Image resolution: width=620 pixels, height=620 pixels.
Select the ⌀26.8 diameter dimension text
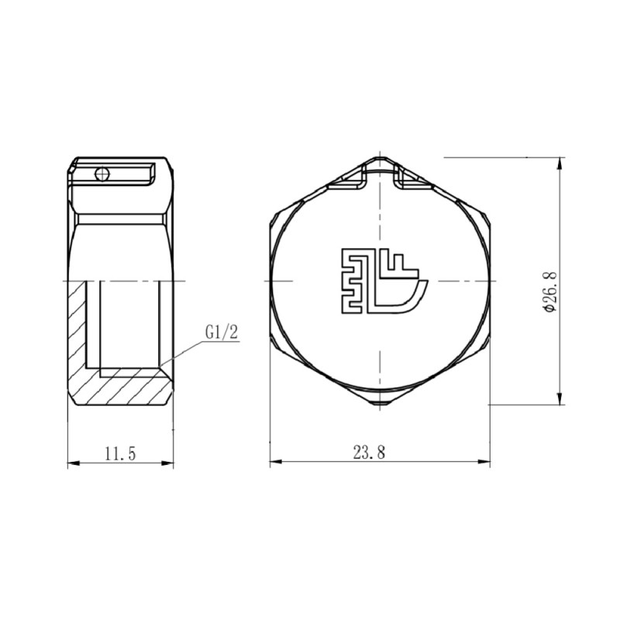tap(549, 291)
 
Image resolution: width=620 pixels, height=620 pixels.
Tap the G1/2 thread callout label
tap(222, 332)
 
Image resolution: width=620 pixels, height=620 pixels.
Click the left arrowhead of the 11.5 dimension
tap(72, 463)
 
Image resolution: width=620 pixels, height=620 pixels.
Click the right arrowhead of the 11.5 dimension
tap(169, 463)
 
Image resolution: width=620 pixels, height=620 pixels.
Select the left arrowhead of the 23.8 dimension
tap(274, 463)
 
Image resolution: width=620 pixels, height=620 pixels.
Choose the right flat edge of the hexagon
tap(490, 281)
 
